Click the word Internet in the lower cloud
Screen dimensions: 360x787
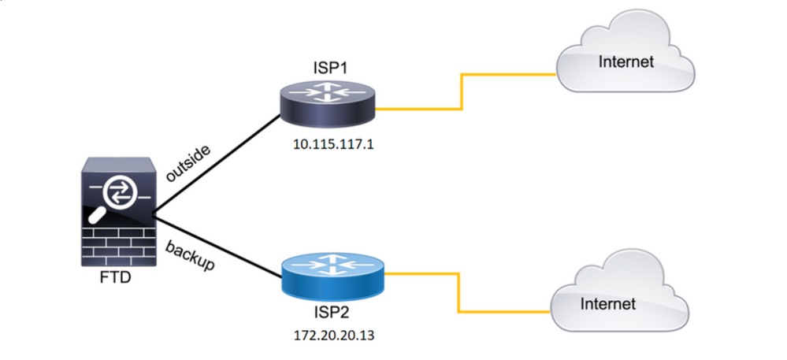[607, 303]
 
